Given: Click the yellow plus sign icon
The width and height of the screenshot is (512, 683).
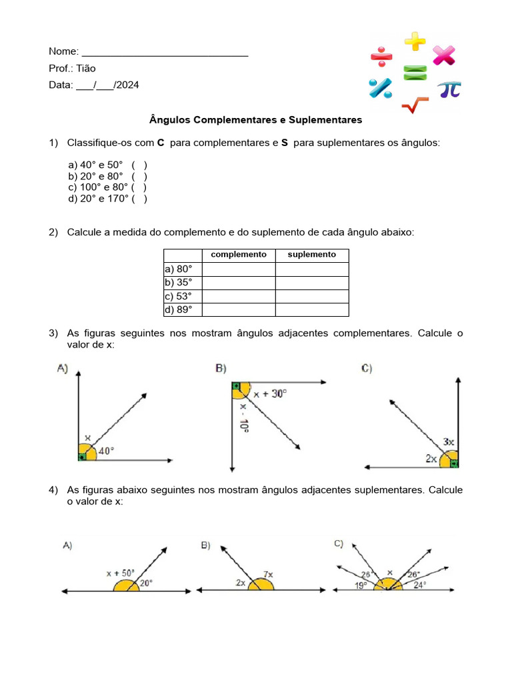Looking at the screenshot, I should point(415,41).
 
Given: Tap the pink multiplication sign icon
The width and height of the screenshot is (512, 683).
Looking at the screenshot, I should point(443,55).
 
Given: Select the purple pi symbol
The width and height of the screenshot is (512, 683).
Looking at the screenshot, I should point(449,89).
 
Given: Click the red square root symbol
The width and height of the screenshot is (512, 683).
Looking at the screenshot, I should point(415,105).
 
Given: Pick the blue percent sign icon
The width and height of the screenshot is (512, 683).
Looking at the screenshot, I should point(381,88).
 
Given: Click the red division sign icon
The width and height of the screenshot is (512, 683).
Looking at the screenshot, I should point(382,57).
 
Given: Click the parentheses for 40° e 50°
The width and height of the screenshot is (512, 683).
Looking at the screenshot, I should point(139,165).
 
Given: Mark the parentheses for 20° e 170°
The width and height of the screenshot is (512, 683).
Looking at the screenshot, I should point(139,198).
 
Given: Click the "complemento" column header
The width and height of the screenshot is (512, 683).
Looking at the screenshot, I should point(239,255).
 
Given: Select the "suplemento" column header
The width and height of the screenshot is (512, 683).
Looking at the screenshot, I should point(312,255).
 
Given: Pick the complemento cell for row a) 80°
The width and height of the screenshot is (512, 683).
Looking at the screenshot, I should point(239,269).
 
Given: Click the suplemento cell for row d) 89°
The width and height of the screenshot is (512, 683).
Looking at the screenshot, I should point(312,309).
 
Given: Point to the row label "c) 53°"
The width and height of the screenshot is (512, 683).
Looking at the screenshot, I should point(178,296).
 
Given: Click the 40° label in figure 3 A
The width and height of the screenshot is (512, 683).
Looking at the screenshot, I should point(107,451).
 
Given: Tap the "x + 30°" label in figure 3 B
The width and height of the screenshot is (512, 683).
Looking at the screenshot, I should point(269,394).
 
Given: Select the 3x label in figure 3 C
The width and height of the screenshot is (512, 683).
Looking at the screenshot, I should point(449,442).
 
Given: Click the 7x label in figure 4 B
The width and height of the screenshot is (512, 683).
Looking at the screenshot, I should point(268,574).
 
